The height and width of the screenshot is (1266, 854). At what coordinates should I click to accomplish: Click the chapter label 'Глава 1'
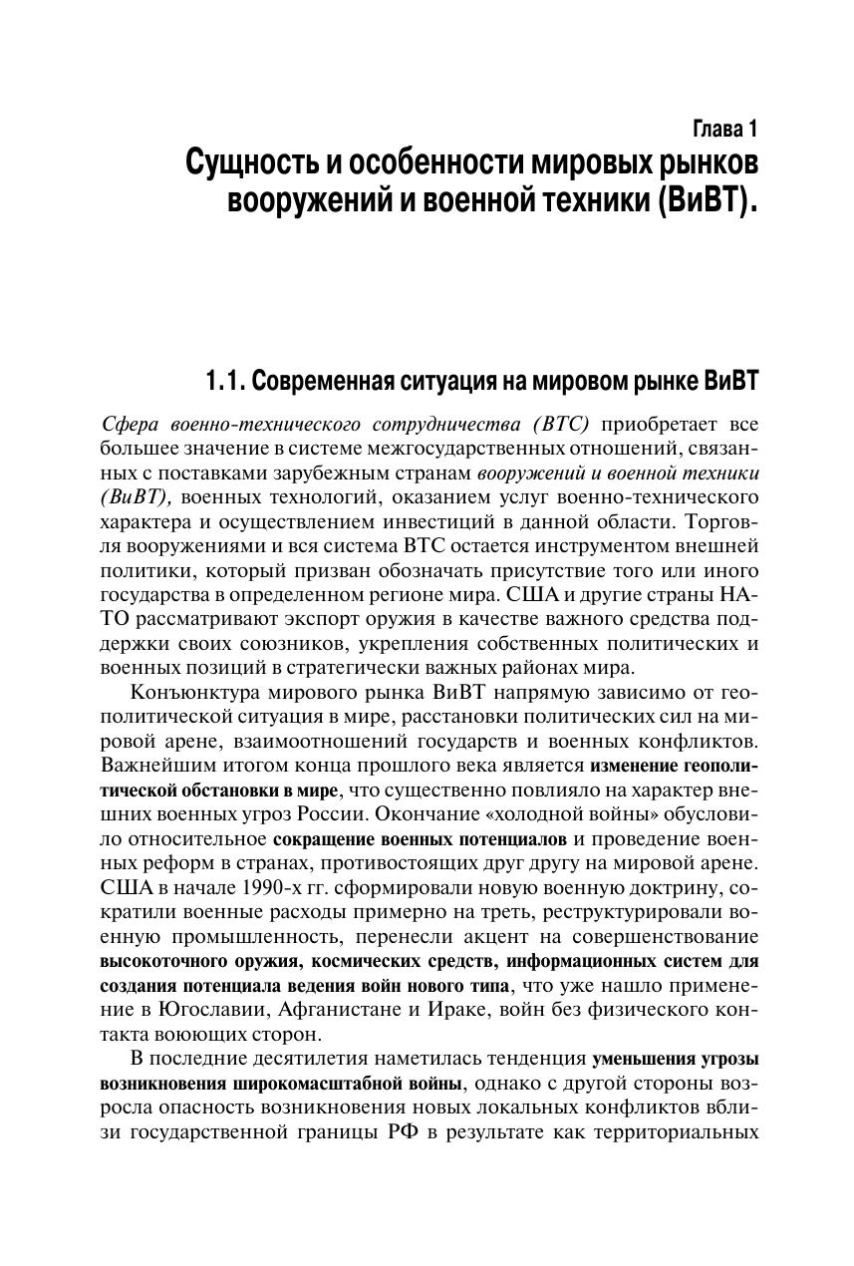pyautogui.click(x=724, y=130)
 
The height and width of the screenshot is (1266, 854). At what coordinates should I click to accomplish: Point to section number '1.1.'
pyautogui.click(x=223, y=381)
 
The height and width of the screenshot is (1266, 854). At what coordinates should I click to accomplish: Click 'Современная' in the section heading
pyautogui.click(x=324, y=381)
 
